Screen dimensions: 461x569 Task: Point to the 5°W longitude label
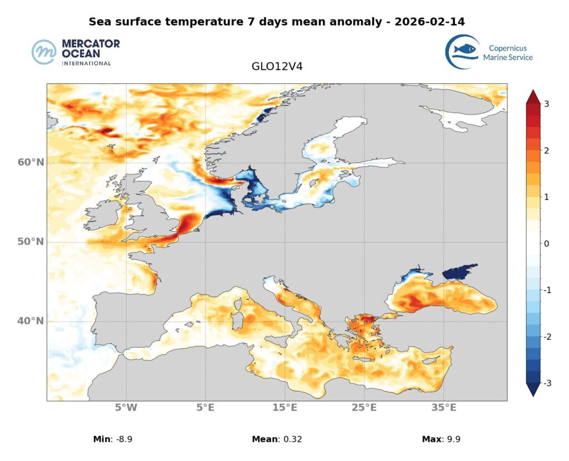click(x=126, y=408)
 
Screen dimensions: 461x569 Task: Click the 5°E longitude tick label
click(x=206, y=408)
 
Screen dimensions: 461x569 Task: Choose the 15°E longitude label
click(x=284, y=408)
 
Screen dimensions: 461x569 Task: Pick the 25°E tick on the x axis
click(x=364, y=408)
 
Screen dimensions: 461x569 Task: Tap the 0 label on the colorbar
click(x=546, y=243)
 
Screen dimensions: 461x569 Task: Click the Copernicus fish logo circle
click(x=462, y=52)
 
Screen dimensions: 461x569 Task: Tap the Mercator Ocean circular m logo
click(x=44, y=52)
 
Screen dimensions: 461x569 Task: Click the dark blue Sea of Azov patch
click(x=458, y=273)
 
